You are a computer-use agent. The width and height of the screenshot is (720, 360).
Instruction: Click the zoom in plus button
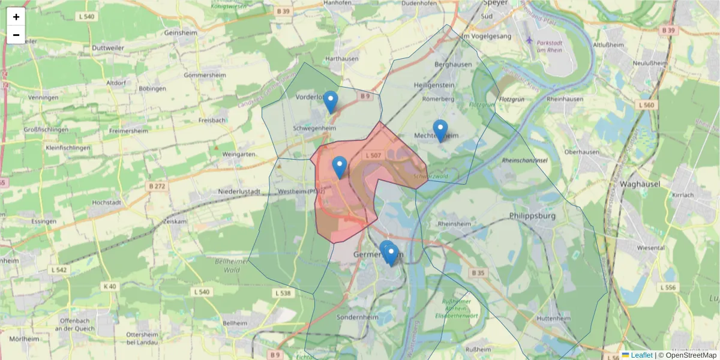(x=16, y=17)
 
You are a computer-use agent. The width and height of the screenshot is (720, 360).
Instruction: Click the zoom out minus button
(x=16, y=35)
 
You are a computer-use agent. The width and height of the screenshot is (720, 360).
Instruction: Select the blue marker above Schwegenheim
(x=331, y=101)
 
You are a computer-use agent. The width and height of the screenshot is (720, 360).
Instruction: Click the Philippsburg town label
(x=532, y=215)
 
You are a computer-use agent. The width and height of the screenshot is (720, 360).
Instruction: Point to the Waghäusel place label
(x=641, y=184)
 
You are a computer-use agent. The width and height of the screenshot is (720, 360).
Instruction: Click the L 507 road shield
(x=373, y=155)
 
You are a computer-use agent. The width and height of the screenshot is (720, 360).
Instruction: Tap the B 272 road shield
(x=157, y=186)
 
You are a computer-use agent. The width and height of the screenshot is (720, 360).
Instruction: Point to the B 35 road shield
(x=478, y=273)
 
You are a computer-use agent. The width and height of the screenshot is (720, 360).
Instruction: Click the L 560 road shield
(x=646, y=105)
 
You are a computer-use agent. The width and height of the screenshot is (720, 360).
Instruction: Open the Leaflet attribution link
(x=641, y=355)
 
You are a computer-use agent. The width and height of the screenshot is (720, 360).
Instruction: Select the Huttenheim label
(x=554, y=317)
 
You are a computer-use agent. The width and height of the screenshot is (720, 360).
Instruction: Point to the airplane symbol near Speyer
(x=529, y=40)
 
